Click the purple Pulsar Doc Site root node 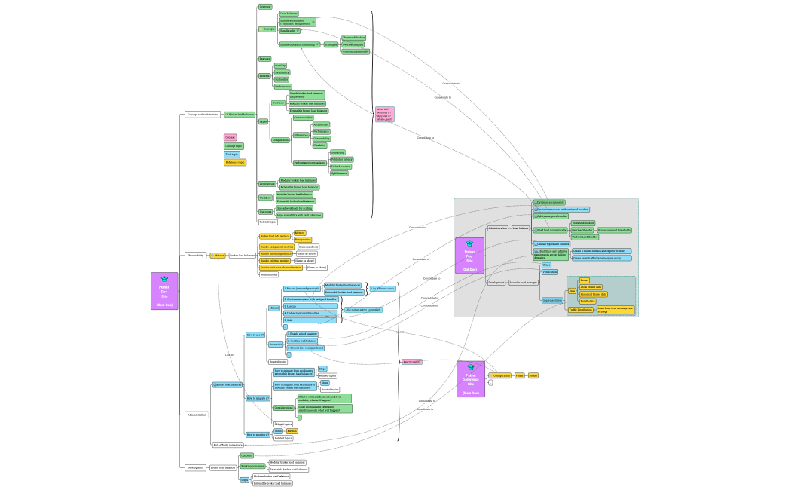click(164, 291)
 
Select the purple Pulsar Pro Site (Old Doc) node click(469, 256)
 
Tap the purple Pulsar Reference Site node click(471, 378)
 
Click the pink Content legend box click(231, 137)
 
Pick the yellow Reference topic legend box click(235, 162)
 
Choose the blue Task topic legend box click(232, 154)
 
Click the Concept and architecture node click(203, 115)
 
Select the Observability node click(196, 256)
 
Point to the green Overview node click(265, 7)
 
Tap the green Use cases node click(266, 212)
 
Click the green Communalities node click(303, 118)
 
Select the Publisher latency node click(342, 159)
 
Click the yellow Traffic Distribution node click(581, 310)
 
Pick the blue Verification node click(550, 272)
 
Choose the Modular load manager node click(524, 283)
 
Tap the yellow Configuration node click(500, 375)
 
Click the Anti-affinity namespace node click(228, 445)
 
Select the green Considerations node click(283, 407)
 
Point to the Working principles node click(251, 467)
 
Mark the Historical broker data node click(594, 294)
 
